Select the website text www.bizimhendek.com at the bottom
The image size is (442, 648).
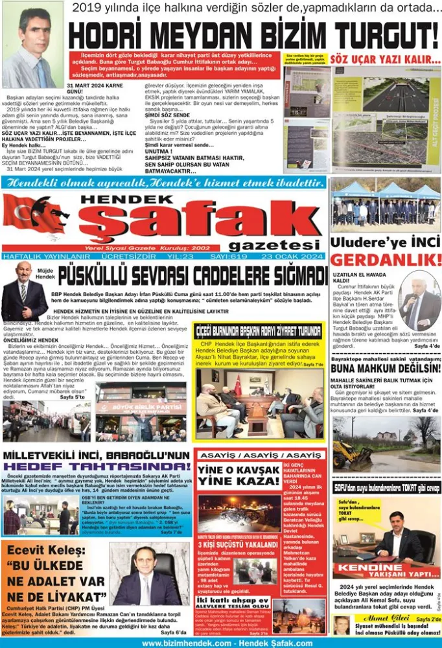click(184, 643)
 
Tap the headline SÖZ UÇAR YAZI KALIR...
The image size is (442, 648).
click(386, 58)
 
